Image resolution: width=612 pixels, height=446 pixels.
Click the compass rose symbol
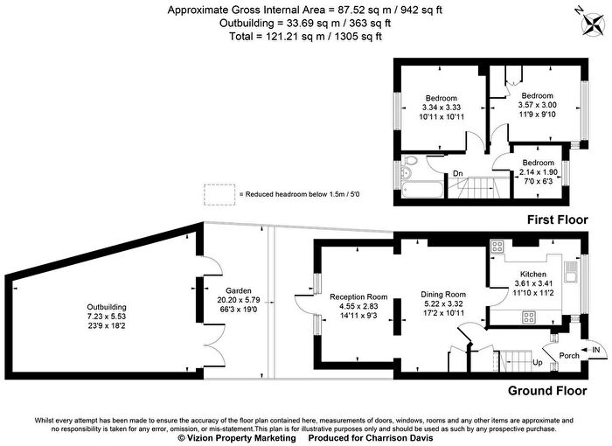click(x=593, y=24)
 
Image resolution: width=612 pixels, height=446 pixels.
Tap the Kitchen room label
click(x=533, y=275)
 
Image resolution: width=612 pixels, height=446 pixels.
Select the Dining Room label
click(x=443, y=295)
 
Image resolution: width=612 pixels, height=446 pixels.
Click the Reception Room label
click(x=358, y=296)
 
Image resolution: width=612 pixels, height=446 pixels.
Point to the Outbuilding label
click(x=107, y=307)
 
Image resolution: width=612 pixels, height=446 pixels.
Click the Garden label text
click(x=239, y=291)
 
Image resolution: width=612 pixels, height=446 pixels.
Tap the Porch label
click(x=569, y=355)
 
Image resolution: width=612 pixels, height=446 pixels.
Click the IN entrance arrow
click(x=590, y=350)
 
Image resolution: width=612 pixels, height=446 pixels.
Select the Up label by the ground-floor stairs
click(x=538, y=362)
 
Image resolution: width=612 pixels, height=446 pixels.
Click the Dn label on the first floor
click(x=458, y=173)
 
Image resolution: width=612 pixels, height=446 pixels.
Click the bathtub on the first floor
click(x=422, y=190)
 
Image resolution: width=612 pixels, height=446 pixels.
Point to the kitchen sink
click(x=570, y=271)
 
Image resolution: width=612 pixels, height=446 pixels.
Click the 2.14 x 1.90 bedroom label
click(x=539, y=171)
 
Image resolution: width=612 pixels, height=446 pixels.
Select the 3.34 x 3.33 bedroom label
click(x=442, y=108)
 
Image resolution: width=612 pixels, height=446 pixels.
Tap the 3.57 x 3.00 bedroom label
click(x=537, y=105)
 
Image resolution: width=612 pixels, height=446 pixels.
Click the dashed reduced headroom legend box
click(x=219, y=194)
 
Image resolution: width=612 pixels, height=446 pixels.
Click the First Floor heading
click(x=558, y=220)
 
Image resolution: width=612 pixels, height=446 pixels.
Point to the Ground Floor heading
click(x=547, y=391)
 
